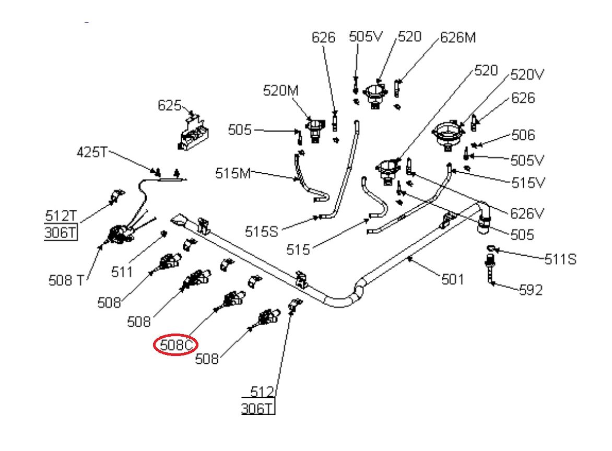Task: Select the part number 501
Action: click(x=452, y=279)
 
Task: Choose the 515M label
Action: click(x=233, y=173)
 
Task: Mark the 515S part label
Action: click(x=262, y=231)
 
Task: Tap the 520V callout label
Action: click(x=527, y=75)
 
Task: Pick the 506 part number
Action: click(x=523, y=135)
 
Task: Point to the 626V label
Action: click(x=527, y=213)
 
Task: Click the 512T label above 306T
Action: click(x=60, y=216)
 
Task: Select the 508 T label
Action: click(x=65, y=280)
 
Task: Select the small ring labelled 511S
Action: click(x=491, y=248)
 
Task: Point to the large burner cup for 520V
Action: click(x=448, y=135)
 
